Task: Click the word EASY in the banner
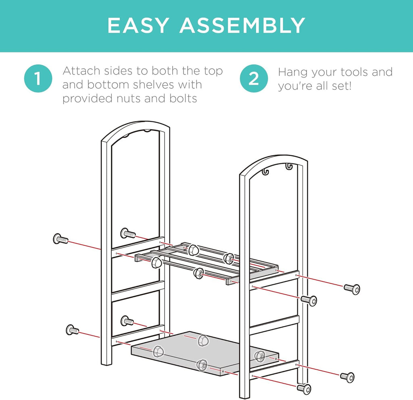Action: point(138,25)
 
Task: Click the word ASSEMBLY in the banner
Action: point(242,25)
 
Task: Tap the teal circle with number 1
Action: point(38,79)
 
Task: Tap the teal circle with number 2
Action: point(254,79)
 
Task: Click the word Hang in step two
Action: point(293,73)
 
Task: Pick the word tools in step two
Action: point(349,72)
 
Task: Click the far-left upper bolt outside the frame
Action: point(60,239)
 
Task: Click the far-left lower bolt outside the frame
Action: point(72,330)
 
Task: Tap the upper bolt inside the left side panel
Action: point(128,233)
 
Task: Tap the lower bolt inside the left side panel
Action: point(127,321)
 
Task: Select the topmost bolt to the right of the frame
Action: point(352,289)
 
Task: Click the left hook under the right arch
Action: point(265,171)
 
